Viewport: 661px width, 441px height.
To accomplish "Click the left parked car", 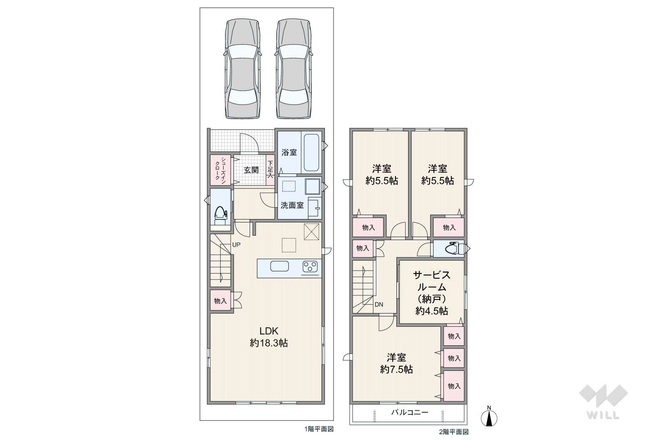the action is pyautogui.click(x=242, y=69).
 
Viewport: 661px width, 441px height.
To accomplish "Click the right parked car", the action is pyautogui.click(x=294, y=69).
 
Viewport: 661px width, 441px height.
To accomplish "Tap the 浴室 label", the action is pyautogui.click(x=289, y=153).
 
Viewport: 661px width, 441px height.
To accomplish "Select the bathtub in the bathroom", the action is pyautogui.click(x=311, y=153).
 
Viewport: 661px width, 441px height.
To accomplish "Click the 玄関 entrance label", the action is pyautogui.click(x=251, y=170).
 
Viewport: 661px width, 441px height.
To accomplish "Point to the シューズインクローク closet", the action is pyautogui.click(x=221, y=170).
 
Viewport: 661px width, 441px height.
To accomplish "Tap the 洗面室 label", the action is pyautogui.click(x=292, y=205).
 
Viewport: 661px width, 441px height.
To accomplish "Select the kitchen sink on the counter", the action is pyautogui.click(x=279, y=266).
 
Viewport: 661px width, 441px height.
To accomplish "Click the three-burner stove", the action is pyautogui.click(x=310, y=267).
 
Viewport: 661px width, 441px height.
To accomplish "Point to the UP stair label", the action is pyautogui.click(x=236, y=245).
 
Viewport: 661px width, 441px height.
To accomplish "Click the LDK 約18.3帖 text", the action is pyautogui.click(x=269, y=337).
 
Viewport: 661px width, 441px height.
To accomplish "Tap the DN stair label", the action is pyautogui.click(x=379, y=304).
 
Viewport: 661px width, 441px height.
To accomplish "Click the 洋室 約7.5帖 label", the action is pyautogui.click(x=396, y=364).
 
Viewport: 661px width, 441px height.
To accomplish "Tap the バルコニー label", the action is pyautogui.click(x=410, y=412).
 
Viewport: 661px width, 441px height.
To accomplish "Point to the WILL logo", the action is pyautogui.click(x=603, y=402).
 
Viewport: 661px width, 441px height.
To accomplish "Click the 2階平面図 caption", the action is pyautogui.click(x=454, y=432).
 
